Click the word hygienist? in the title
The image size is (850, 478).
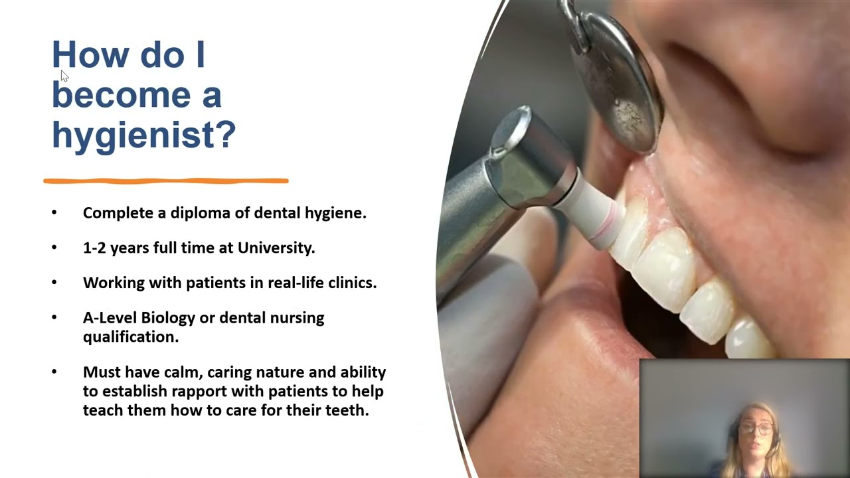point(143,135)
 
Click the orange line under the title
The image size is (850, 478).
point(166,180)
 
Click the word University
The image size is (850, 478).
point(276,248)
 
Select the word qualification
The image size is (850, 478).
point(130,337)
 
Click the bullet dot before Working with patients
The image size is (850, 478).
point(54,282)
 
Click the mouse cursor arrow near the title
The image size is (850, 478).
point(64,75)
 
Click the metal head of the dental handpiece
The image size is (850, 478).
point(525,156)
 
